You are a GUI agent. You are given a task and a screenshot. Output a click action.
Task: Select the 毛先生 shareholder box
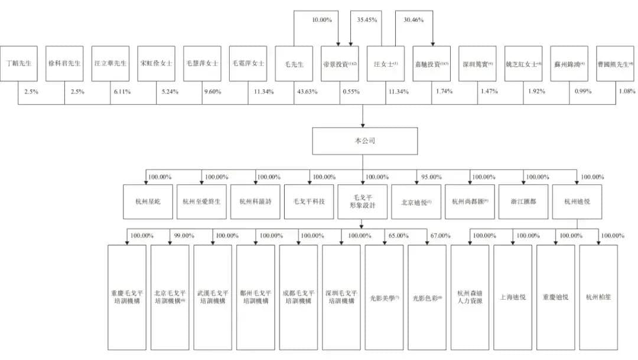(x=294, y=64)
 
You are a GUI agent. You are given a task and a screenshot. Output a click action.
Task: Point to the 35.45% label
(x=367, y=20)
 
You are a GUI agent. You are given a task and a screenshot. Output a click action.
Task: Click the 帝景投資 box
(x=339, y=64)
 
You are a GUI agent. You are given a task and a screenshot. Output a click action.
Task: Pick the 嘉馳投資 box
(x=431, y=64)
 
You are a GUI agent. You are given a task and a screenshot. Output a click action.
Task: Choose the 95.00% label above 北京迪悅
(x=428, y=177)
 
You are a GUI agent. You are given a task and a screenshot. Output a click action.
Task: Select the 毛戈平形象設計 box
(x=362, y=201)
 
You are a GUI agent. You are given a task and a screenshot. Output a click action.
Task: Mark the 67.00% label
(x=441, y=235)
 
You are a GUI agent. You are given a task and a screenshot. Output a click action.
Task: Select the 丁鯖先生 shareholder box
(x=19, y=64)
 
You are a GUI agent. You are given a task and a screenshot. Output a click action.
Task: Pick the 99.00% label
(x=184, y=235)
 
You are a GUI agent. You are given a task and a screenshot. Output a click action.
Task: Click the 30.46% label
(x=413, y=20)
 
